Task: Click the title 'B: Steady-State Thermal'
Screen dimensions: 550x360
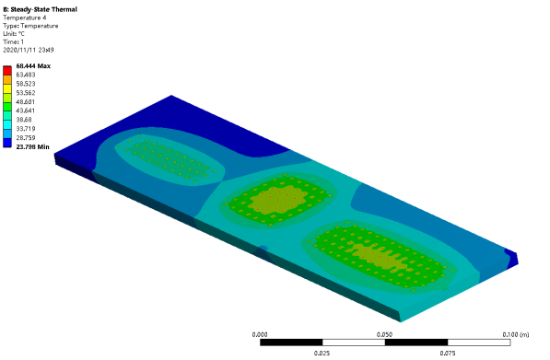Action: point(40,9)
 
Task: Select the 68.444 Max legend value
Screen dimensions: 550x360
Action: point(33,66)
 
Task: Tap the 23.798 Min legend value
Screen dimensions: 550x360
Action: point(32,147)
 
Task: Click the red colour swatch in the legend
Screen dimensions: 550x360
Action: point(7,71)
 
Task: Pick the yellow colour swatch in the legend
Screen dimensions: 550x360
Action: point(7,88)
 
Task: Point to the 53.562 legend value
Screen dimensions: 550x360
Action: point(26,93)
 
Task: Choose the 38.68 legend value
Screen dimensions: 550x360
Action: point(24,120)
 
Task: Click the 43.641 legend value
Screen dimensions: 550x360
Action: point(26,110)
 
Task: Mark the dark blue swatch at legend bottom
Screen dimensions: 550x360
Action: point(7,143)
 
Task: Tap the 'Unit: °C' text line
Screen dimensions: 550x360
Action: point(14,34)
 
